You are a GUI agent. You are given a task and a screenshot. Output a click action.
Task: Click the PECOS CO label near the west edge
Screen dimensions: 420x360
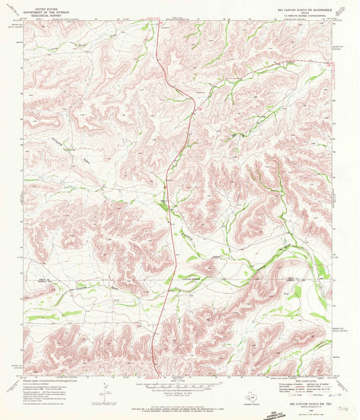42,279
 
